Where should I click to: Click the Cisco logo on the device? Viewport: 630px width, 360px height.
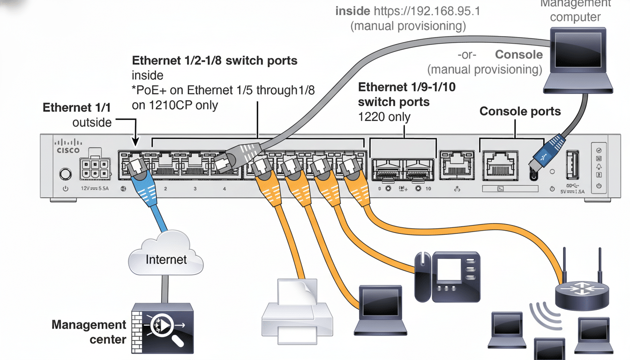pyautogui.click(x=68, y=146)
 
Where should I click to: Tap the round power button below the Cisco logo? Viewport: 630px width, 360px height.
pyautogui.click(x=65, y=174)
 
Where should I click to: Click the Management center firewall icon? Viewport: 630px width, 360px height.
pyautogui.click(x=162, y=328)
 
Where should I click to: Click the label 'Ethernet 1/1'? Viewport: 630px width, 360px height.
pyautogui.click(x=77, y=107)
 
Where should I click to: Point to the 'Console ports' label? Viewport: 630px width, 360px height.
pyautogui.click(x=520, y=112)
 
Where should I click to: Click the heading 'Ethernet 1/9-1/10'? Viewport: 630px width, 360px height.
pyautogui.click(x=406, y=87)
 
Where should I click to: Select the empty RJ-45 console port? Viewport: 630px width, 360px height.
pyautogui.click(x=501, y=166)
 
